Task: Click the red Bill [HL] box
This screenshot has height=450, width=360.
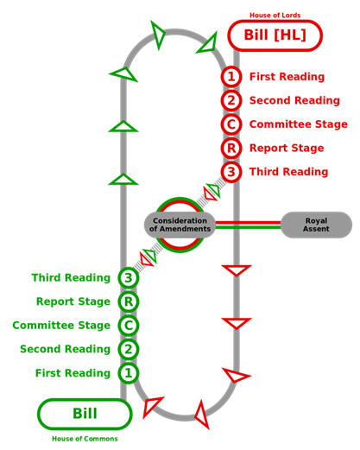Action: (275, 35)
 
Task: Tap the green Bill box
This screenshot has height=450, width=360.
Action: (85, 414)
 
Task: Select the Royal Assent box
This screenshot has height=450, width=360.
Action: (316, 225)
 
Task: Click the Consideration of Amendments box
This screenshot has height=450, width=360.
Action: (180, 225)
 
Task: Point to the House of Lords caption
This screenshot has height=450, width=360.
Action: (275, 16)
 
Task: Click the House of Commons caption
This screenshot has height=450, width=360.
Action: (85, 439)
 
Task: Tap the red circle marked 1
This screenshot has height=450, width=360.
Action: (231, 77)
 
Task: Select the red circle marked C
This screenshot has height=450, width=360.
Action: (231, 124)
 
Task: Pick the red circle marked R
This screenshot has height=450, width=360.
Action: (231, 148)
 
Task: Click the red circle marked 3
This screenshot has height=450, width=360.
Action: (231, 172)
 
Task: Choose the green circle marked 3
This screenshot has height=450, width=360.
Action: (129, 278)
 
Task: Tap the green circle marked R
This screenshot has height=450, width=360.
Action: (129, 301)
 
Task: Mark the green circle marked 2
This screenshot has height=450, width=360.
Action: (129, 349)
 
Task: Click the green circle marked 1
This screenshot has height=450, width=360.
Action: (129, 373)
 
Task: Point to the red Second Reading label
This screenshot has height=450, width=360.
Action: (294, 100)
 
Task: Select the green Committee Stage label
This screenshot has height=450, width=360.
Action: (61, 326)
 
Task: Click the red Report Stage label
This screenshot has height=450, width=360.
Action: (287, 148)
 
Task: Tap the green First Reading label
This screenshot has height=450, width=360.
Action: (73, 373)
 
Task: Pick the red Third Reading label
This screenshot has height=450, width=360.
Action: (288, 172)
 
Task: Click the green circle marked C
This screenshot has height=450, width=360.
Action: (129, 326)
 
